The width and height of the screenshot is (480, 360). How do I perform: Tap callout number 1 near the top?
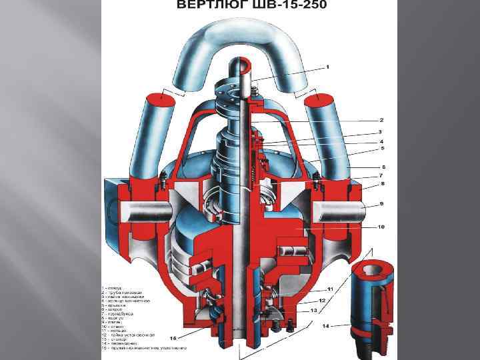point(328,67)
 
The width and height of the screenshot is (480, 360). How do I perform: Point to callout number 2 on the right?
point(381,120)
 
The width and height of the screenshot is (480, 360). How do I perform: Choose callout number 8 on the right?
point(383,183)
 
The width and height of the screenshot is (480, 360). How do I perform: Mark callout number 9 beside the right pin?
point(381,203)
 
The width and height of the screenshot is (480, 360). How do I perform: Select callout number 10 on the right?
point(381,227)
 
